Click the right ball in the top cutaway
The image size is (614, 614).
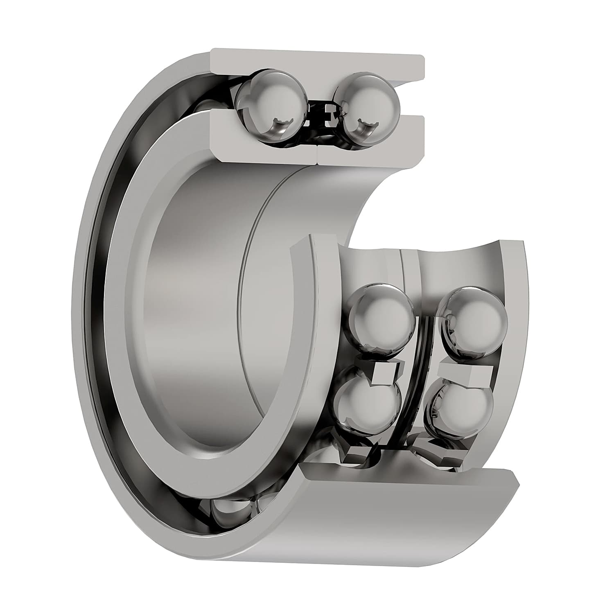pos(366,108)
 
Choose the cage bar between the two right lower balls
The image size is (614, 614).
pos(465,373)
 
